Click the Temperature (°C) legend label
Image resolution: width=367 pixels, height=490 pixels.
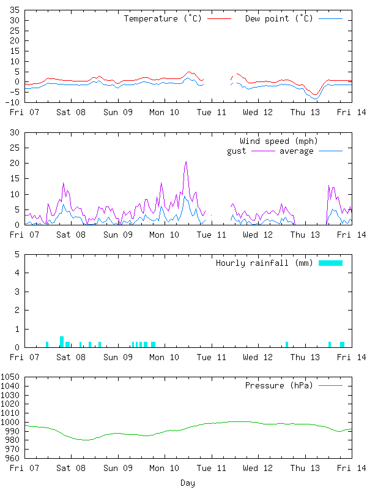163,18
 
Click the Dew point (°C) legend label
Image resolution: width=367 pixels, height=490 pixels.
279,18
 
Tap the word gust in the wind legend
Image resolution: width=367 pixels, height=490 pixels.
237,151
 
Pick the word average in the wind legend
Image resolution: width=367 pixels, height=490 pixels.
297,151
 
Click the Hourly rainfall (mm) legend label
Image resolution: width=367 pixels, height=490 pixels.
264,263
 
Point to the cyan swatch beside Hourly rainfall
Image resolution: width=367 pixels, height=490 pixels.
330,263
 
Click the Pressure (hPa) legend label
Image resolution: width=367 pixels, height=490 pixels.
278,385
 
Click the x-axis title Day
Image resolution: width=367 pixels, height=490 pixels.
188,483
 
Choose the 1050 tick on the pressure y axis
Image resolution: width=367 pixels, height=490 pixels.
11,377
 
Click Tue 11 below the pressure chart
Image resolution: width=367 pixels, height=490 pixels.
212,467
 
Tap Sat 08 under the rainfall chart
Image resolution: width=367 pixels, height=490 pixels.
71,356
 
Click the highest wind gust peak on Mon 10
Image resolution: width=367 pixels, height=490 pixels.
186,162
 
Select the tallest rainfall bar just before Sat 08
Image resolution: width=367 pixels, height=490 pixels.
62,341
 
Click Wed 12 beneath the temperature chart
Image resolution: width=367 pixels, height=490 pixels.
258,112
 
